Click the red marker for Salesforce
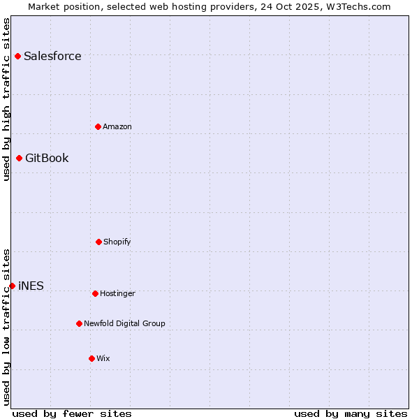click(17, 56)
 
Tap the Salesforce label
click(52, 57)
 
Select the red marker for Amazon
click(98, 126)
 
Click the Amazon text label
click(117, 127)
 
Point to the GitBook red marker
click(19, 158)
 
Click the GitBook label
click(47, 159)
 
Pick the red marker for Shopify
click(98, 242)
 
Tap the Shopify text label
click(117, 242)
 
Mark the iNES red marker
click(12, 286)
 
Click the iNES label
click(31, 286)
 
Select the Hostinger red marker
click(95, 293)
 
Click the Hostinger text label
click(117, 294)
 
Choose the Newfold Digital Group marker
click(79, 323)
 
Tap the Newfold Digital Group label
click(124, 324)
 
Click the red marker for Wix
click(91, 358)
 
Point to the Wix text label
click(103, 359)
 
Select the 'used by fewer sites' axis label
click(72, 413)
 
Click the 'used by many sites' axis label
click(351, 413)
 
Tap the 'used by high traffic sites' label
click(6, 99)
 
